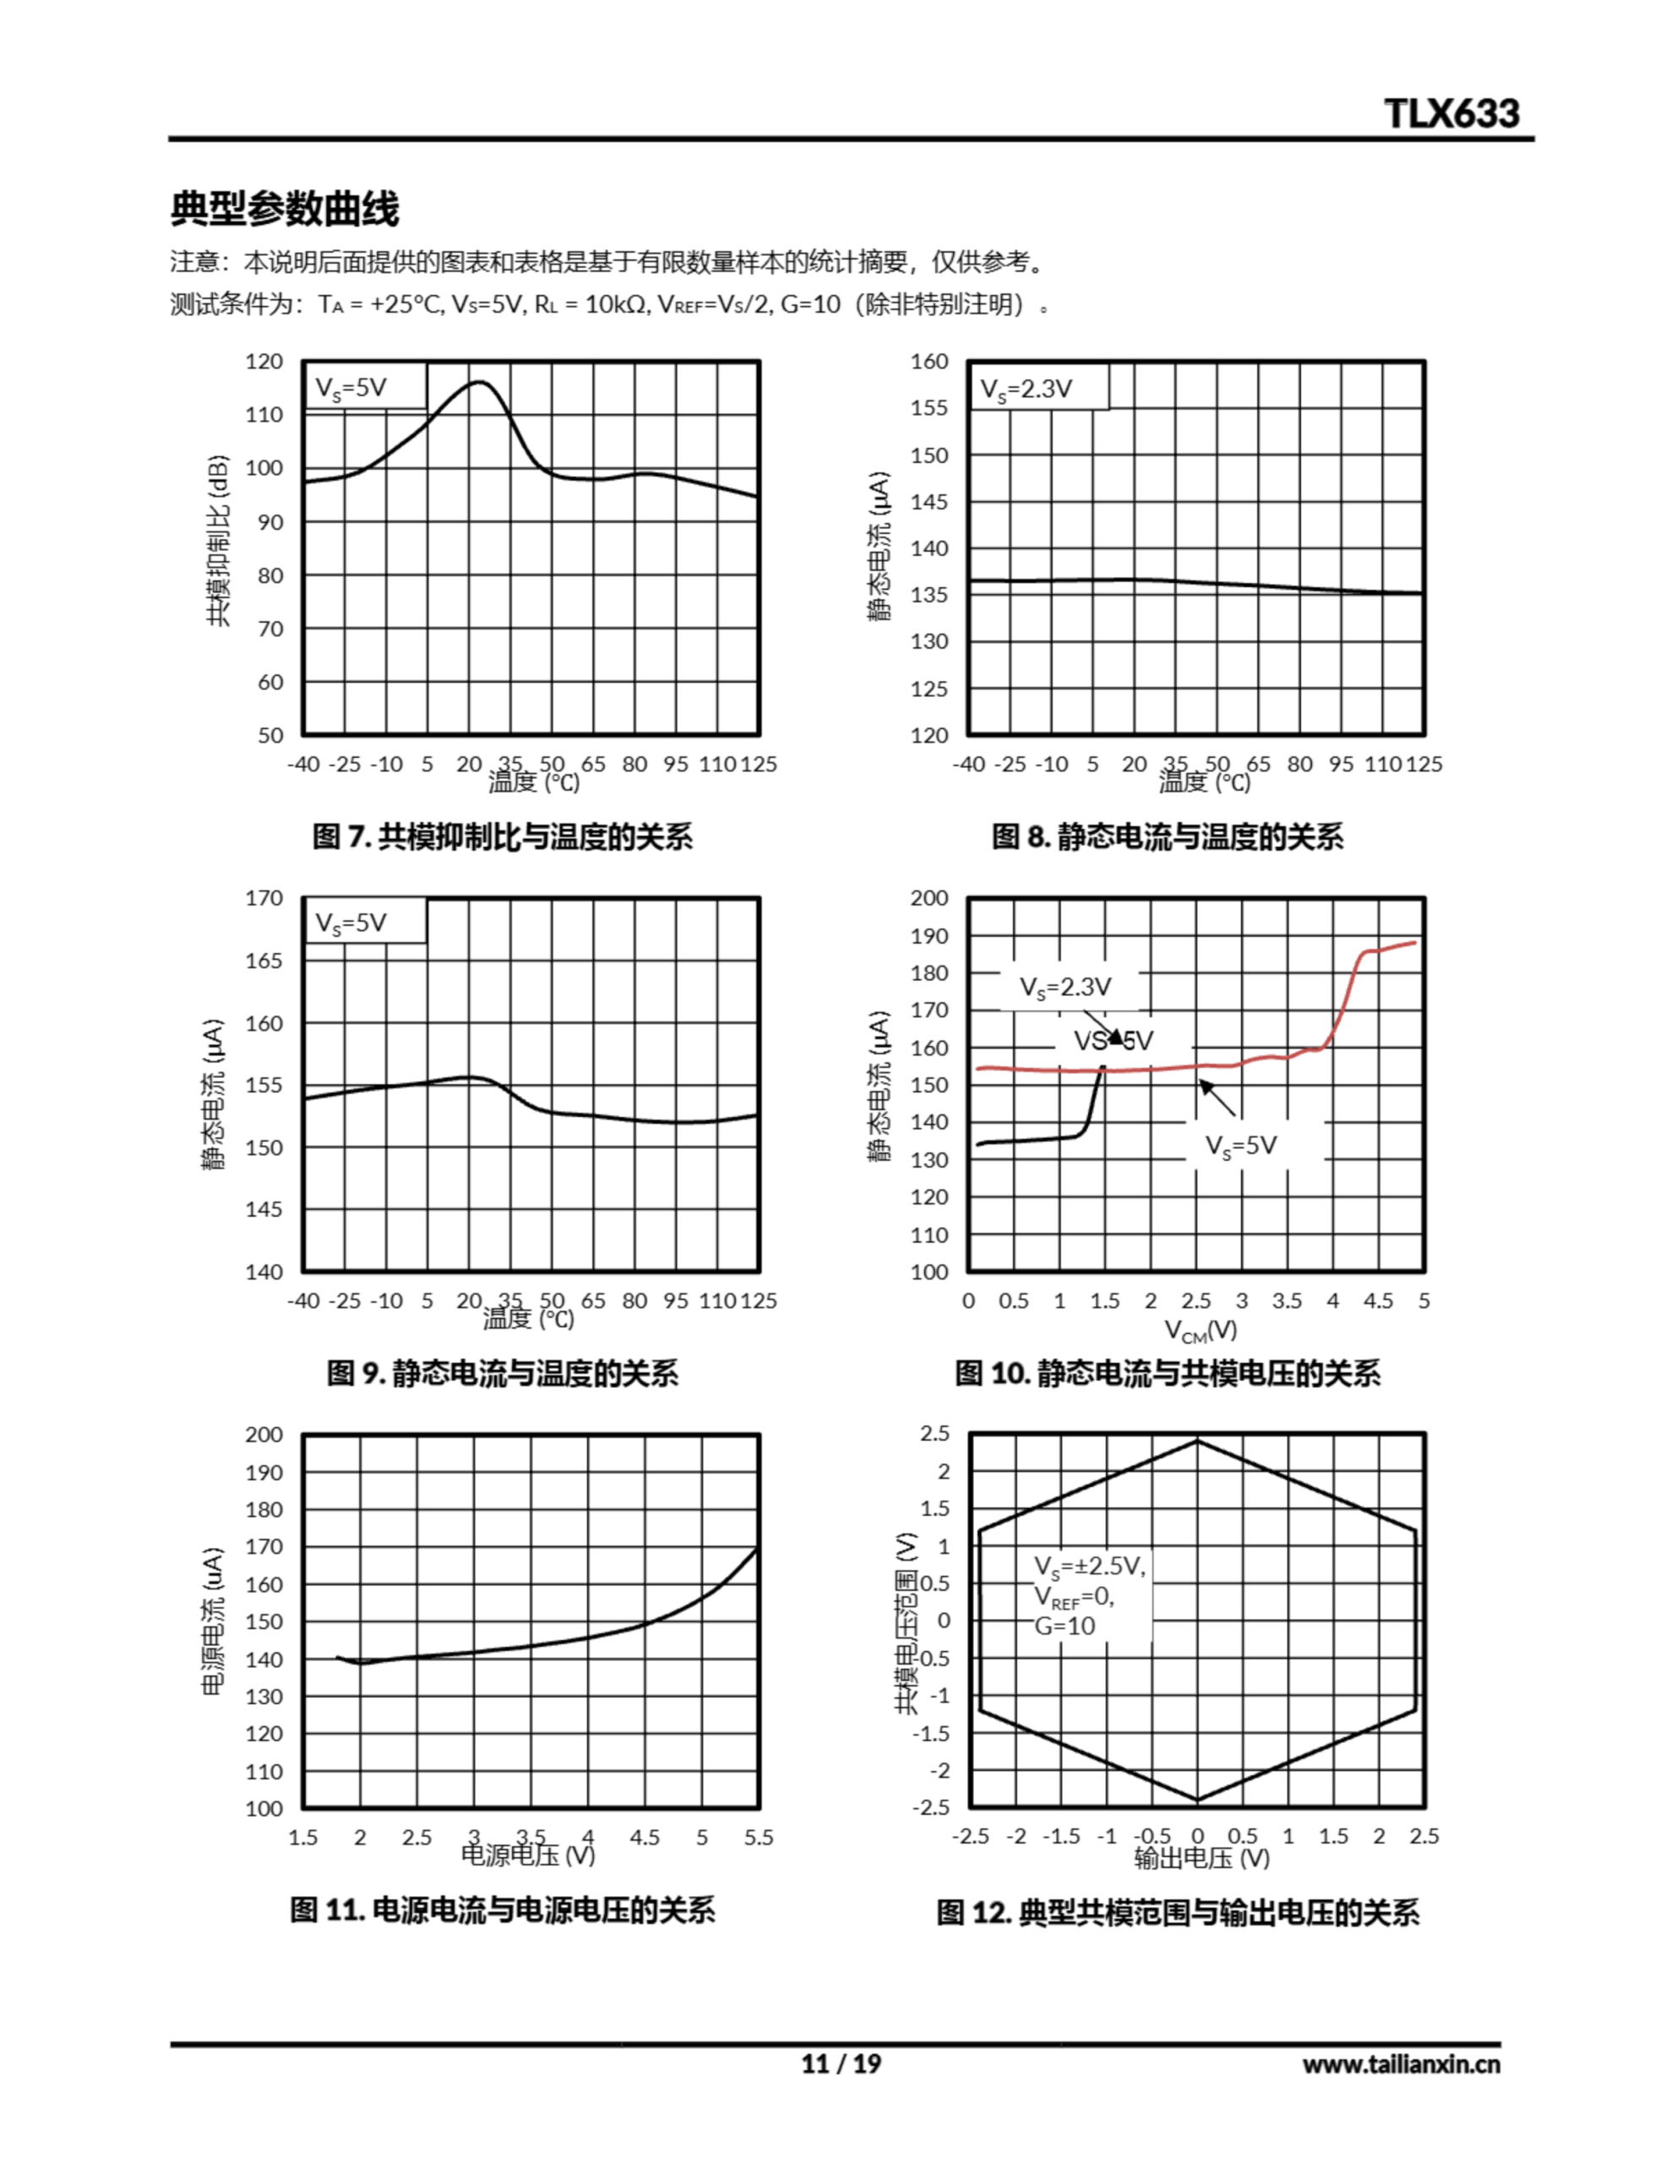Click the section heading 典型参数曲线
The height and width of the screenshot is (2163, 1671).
click(x=286, y=209)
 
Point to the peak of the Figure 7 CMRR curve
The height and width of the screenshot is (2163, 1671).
click(x=479, y=381)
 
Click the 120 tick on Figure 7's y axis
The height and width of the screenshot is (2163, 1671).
click(x=264, y=362)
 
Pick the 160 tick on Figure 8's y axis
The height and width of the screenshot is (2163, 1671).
click(x=929, y=362)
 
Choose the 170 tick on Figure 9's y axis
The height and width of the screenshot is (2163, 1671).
click(x=264, y=898)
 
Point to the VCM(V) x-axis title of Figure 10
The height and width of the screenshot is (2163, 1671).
click(x=1200, y=1330)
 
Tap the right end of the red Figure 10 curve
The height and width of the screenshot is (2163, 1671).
click(x=1414, y=942)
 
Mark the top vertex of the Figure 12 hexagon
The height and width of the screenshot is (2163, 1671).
click(x=1198, y=1441)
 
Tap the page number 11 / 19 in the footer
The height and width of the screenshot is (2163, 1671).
click(x=840, y=2064)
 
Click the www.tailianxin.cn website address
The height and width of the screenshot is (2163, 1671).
click(x=1401, y=2064)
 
